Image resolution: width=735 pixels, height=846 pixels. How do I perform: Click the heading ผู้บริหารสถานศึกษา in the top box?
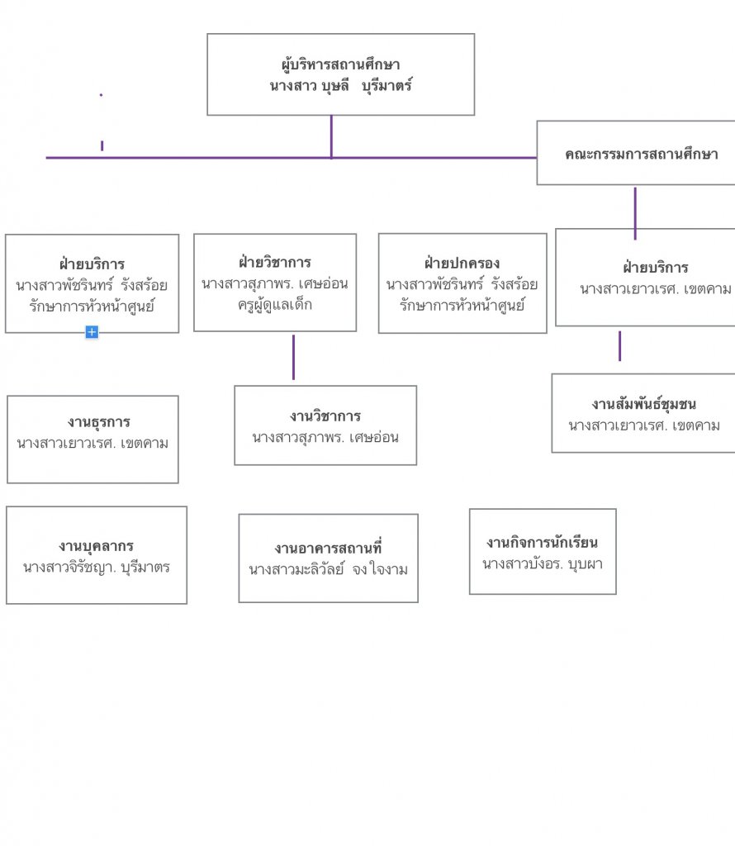click(x=340, y=64)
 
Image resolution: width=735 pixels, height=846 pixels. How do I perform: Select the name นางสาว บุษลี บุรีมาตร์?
click(x=340, y=85)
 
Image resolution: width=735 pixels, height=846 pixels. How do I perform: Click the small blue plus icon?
click(x=92, y=332)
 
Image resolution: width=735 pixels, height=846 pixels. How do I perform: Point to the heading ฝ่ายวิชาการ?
click(x=275, y=263)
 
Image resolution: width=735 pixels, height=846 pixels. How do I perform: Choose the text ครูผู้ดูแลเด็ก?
click(x=275, y=304)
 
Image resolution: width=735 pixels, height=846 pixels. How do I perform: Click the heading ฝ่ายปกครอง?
click(x=462, y=264)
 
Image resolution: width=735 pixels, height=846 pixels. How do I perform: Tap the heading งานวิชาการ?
click(x=325, y=416)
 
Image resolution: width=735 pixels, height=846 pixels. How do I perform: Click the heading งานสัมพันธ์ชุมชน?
click(x=643, y=404)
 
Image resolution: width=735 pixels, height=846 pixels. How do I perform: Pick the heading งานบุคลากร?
click(x=97, y=546)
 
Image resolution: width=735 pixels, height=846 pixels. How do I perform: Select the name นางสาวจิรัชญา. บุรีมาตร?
click(x=97, y=568)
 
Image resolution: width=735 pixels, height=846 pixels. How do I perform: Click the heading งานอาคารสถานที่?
click(x=328, y=549)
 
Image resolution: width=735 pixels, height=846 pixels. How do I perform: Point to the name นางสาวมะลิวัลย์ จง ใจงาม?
click(x=328, y=569)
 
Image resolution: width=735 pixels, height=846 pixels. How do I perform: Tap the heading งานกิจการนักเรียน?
click(x=542, y=543)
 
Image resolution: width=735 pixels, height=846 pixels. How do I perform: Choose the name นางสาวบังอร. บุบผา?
click(x=542, y=564)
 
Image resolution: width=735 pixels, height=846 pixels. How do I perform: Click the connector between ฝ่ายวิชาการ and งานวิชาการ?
click(x=293, y=358)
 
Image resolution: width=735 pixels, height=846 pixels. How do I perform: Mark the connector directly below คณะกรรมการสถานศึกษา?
click(x=635, y=212)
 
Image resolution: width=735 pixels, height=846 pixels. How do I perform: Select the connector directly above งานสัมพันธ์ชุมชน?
click(x=620, y=346)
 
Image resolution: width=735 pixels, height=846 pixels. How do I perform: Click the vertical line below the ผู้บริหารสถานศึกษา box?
click(x=331, y=135)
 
